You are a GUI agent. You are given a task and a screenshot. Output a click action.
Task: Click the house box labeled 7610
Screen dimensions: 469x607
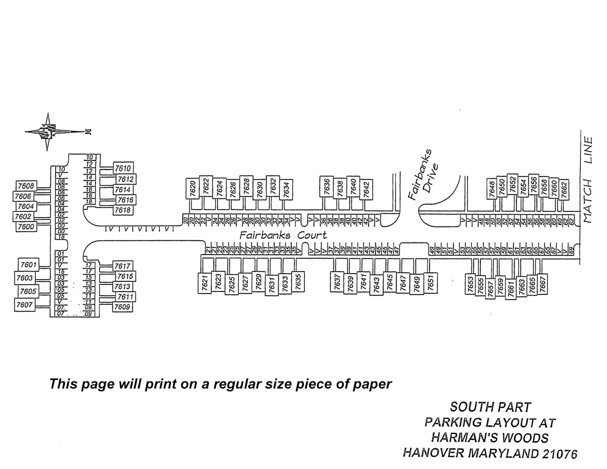coord(123,168)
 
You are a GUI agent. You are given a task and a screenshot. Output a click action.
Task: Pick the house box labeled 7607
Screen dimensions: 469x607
coord(24,305)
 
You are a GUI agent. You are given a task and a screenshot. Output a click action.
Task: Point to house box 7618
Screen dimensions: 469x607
coord(122,210)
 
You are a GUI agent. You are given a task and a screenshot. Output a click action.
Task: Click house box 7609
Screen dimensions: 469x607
coord(122,307)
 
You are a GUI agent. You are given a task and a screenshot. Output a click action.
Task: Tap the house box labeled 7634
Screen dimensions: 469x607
coord(286,189)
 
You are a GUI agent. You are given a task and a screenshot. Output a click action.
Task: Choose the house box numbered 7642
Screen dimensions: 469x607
coord(367,189)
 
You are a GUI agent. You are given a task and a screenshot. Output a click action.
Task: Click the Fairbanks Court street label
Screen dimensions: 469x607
coord(283,235)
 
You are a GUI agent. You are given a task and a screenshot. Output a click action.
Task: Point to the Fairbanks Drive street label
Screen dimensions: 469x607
coord(422,175)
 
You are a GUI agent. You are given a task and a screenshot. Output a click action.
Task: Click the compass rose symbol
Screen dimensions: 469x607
coord(50,132)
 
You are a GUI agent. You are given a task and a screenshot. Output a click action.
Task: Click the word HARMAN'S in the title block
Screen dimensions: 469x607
coord(463,437)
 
